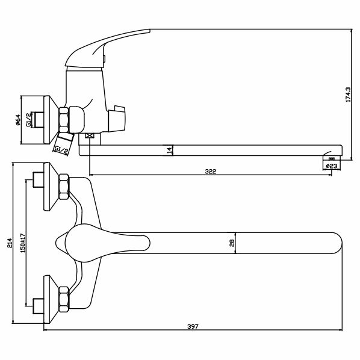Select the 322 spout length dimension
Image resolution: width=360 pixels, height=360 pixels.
[x=210, y=172]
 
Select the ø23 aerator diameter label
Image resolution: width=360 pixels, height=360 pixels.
[x=332, y=164]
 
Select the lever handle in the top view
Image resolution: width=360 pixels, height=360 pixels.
[x=102, y=242]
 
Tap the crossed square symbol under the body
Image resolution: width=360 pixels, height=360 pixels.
[x=90, y=137]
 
